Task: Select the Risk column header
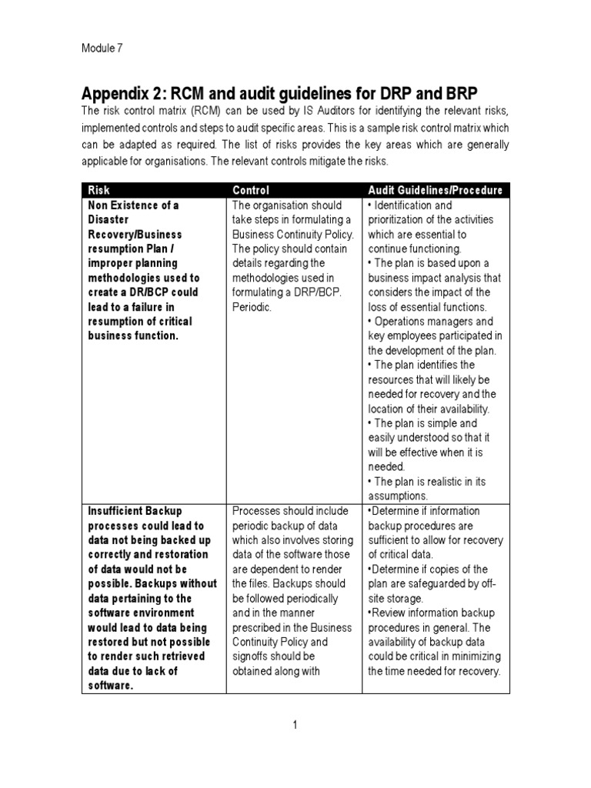coord(99,190)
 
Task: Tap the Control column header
coord(251,190)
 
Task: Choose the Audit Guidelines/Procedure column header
coord(435,190)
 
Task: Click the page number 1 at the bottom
coord(295,724)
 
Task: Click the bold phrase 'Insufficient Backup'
coord(135,512)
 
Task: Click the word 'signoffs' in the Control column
coord(252,656)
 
